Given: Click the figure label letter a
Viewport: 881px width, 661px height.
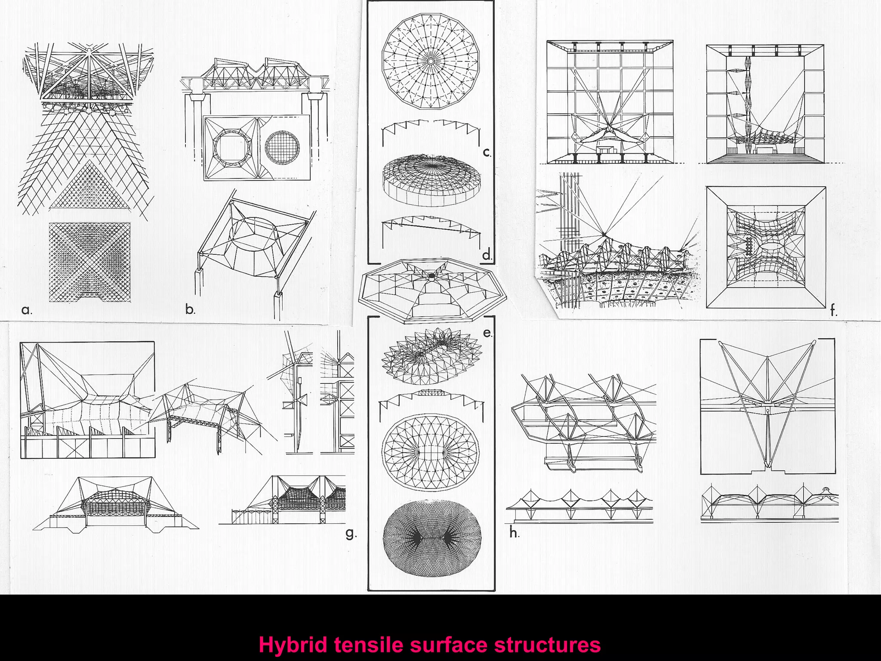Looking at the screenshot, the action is click(x=26, y=310).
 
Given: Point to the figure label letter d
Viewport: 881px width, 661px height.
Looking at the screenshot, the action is click(x=487, y=255).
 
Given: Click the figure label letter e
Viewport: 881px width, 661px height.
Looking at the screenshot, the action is click(x=487, y=333).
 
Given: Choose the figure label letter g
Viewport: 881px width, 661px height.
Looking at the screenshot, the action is click(x=351, y=534).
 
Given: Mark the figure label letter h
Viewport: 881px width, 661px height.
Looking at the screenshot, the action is click(x=514, y=533).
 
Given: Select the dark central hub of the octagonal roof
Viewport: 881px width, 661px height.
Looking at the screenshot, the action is click(x=431, y=276).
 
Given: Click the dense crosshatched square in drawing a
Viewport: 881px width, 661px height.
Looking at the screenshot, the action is click(x=89, y=262).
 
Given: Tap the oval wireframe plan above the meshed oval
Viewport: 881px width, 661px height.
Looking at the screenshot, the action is click(x=431, y=451).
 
